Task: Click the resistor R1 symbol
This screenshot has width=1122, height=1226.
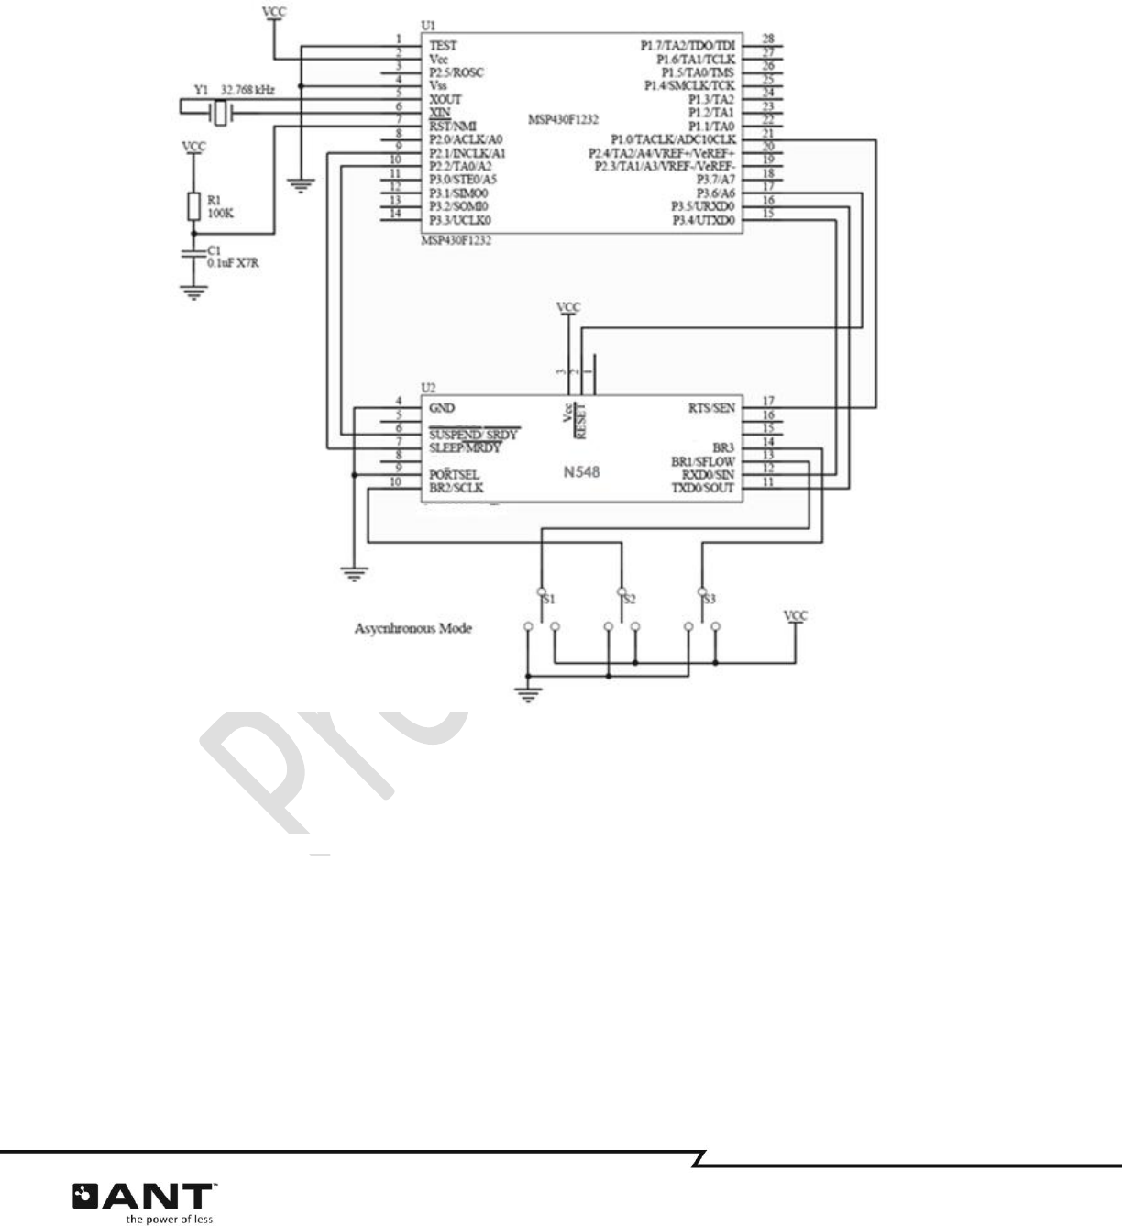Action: coord(193,207)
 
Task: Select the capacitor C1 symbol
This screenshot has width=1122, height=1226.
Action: coord(193,253)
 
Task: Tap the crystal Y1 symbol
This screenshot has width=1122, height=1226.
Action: coord(221,113)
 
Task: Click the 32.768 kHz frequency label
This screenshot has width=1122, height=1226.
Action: coord(247,91)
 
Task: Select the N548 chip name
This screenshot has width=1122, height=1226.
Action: coord(581,473)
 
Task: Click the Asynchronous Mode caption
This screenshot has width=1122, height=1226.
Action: coord(413,629)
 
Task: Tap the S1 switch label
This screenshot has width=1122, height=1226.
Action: coord(549,598)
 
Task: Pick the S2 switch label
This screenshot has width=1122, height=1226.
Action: coord(629,598)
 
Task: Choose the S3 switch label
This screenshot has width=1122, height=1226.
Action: coord(709,598)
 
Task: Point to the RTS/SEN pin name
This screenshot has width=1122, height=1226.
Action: coord(711,408)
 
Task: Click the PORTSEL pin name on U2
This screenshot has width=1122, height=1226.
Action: coord(454,475)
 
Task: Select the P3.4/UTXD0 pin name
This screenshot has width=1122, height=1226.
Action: coord(703,220)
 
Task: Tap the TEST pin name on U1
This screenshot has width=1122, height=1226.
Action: coord(443,45)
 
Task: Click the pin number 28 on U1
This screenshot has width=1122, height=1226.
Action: coord(767,39)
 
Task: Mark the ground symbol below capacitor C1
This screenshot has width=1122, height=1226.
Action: coord(193,293)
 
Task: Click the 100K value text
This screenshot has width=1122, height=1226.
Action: coord(220,213)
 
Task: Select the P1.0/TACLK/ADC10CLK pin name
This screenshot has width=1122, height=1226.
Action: coord(673,139)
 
